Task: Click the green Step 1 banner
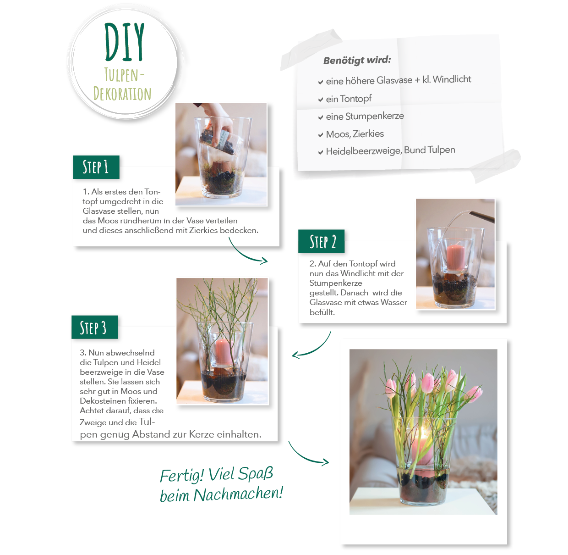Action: coord(96,167)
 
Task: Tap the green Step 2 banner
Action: coord(322,241)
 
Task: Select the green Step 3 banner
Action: coord(94,327)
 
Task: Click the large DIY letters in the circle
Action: coord(125,43)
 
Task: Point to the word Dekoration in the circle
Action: coord(122,94)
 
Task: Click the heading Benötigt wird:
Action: coord(357,60)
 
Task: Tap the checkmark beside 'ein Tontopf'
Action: coord(321,100)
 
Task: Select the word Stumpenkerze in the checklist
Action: coord(375,117)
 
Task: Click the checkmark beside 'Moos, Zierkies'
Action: coord(321,135)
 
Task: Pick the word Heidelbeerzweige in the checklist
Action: coord(363,151)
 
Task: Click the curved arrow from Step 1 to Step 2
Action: coord(247,254)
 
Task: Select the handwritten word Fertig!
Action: coord(181,476)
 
